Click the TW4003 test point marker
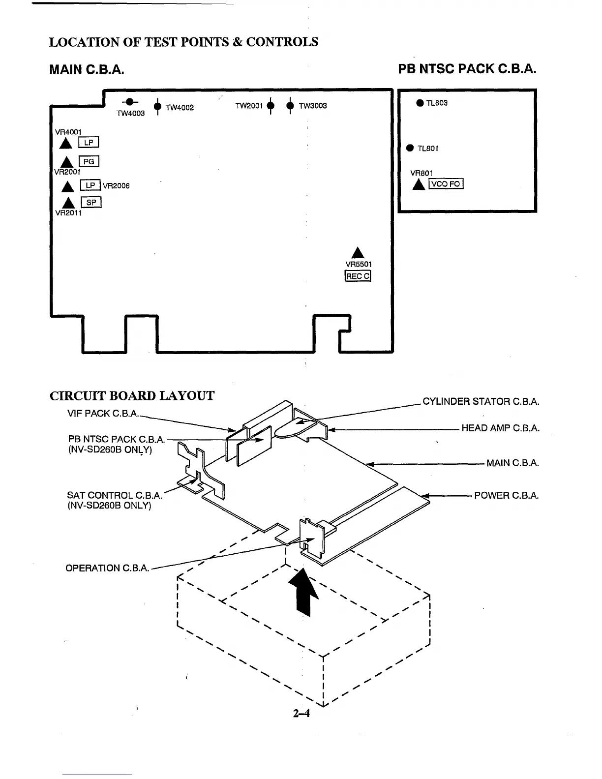click(130, 102)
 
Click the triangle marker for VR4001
click(65, 143)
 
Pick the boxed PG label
click(89, 161)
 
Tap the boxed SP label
click(91, 202)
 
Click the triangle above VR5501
click(358, 252)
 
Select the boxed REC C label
click(358, 276)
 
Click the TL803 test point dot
click(420, 103)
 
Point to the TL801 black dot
click(410, 148)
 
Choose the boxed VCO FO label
click(446, 184)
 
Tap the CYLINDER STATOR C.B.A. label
click(481, 401)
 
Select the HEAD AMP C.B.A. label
click(500, 428)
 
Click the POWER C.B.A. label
click(506, 495)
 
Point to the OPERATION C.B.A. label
click(107, 568)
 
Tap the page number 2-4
click(301, 714)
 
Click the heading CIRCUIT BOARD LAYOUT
click(132, 396)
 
